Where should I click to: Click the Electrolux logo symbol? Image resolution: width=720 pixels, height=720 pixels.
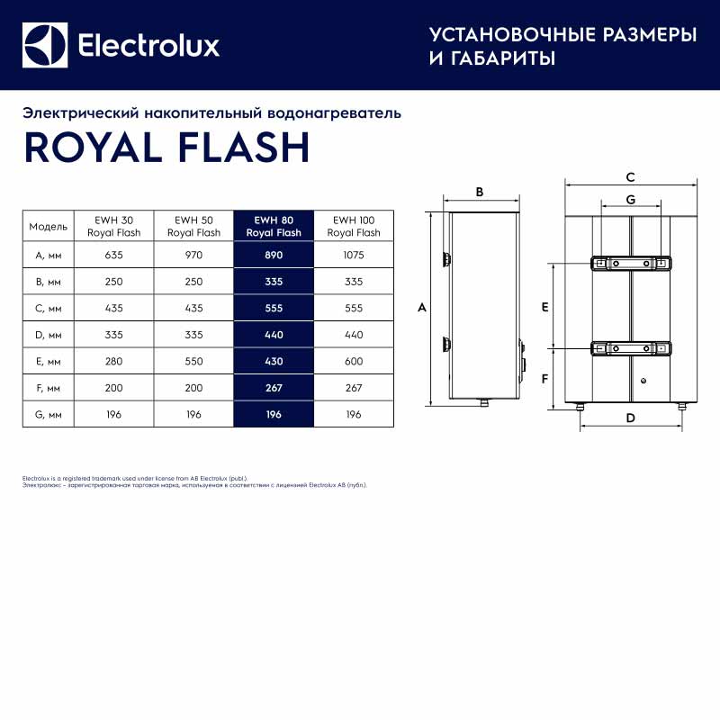click(x=45, y=45)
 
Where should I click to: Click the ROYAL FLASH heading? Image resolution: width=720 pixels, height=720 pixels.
click(x=166, y=148)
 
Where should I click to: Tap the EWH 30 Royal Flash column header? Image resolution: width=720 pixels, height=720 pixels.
click(x=113, y=225)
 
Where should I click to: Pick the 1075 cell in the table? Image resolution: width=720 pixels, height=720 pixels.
click(x=354, y=255)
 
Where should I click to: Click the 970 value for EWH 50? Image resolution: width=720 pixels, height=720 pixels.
click(x=193, y=255)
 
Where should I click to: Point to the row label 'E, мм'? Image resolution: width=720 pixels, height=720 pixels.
click(x=49, y=361)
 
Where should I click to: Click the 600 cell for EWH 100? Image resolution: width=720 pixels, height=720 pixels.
click(x=354, y=361)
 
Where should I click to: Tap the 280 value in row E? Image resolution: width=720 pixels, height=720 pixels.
click(x=113, y=361)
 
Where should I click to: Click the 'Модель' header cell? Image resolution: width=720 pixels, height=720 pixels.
click(x=49, y=226)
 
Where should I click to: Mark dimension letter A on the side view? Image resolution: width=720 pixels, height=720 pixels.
click(x=421, y=308)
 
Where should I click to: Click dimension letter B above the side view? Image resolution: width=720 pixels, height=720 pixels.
click(x=480, y=192)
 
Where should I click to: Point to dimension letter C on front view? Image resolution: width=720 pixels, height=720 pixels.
click(x=630, y=176)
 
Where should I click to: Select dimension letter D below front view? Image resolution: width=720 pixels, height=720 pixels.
click(x=630, y=418)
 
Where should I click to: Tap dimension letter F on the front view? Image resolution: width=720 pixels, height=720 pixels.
click(x=544, y=378)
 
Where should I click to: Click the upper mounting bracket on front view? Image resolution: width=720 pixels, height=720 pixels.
click(x=630, y=263)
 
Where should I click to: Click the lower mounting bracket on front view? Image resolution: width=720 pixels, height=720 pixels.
click(x=630, y=347)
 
